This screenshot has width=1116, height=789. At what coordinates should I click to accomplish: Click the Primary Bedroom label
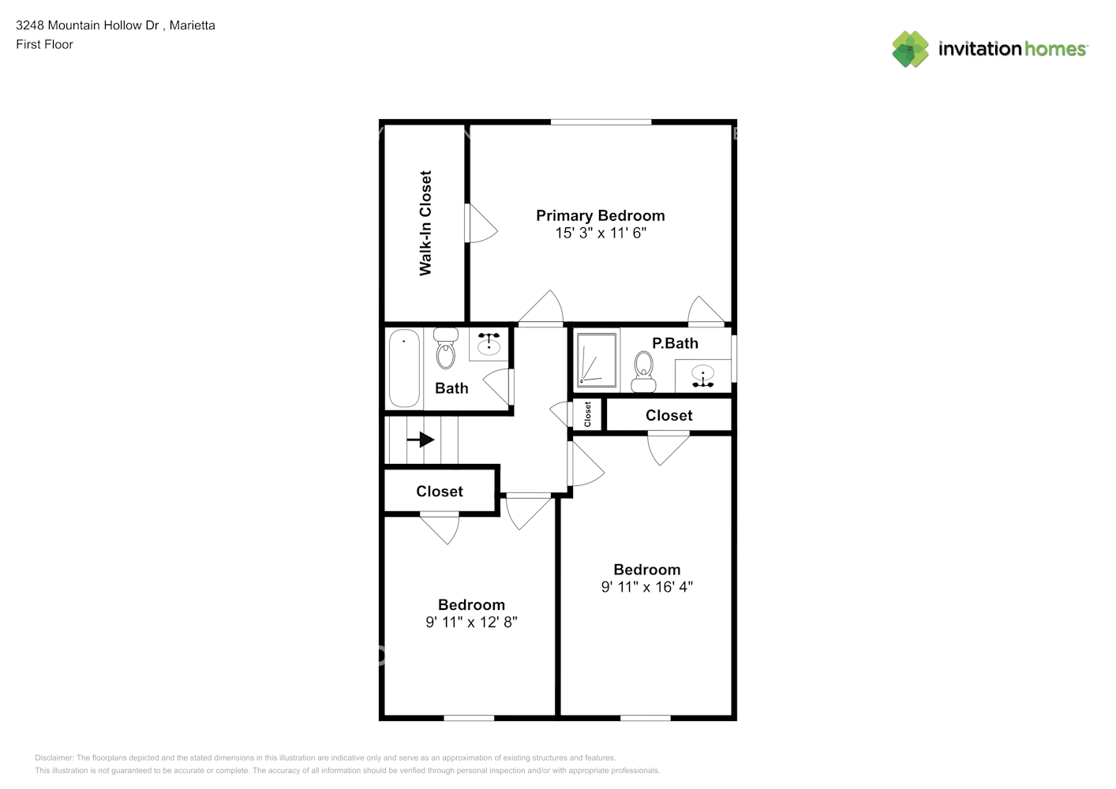600,215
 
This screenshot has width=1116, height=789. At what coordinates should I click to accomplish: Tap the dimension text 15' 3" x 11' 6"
600,233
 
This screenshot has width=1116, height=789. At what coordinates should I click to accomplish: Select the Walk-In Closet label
425,223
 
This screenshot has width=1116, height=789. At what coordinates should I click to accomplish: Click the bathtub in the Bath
404,368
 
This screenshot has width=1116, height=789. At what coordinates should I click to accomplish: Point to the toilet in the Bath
446,349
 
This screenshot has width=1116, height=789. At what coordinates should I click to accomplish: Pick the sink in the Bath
489,342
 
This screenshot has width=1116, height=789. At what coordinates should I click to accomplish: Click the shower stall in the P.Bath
597,359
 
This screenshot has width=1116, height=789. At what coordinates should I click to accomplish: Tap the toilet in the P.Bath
644,371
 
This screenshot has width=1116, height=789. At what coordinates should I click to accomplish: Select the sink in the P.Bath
702,375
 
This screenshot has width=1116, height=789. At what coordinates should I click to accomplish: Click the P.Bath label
675,343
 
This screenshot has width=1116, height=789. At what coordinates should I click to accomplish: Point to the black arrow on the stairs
421,439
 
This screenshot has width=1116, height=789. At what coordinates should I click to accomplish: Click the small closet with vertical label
587,414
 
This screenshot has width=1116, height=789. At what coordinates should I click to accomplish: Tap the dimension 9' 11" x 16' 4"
646,587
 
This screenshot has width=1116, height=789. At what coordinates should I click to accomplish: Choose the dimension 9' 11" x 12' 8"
471,622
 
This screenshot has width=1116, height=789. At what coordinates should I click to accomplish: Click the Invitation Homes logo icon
910,49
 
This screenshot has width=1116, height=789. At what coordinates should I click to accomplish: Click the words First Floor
44,44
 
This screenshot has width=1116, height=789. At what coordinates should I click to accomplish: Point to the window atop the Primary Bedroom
601,122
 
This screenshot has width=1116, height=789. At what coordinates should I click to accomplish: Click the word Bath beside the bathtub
451,388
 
